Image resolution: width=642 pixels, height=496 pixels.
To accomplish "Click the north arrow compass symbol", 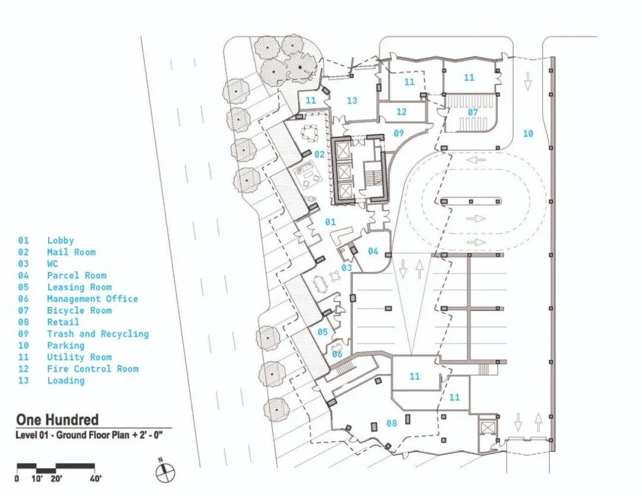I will point(165,472).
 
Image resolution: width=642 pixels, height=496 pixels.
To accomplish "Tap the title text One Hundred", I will point(57,420).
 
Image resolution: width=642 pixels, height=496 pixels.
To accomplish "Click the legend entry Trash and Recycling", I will point(97,334).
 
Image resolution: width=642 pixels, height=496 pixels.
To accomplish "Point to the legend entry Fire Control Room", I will point(93,369).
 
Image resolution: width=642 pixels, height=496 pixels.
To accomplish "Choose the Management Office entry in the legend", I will point(92,299).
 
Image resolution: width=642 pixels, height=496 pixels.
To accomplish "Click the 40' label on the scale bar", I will point(95,479).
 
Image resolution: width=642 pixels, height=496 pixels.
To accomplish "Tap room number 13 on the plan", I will point(352,101).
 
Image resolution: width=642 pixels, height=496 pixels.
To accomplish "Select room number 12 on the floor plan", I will point(401,111).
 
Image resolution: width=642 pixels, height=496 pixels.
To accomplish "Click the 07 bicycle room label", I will point(473,112).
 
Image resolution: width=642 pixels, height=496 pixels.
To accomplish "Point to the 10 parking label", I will point(528,134).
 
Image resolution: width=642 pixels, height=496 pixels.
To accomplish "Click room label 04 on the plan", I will point(373,251).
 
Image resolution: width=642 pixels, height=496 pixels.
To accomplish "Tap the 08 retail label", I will point(391,423).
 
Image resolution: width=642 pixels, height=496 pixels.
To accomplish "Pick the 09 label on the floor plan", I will point(398,133).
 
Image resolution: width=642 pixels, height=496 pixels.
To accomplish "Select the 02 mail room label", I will point(319,155).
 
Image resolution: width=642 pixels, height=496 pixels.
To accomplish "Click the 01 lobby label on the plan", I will point(331,222).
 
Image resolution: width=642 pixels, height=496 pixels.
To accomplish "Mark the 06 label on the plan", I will point(337,354).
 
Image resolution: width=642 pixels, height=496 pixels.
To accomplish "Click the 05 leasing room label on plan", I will point(322,332).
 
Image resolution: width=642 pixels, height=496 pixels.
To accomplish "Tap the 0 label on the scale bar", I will point(17,479).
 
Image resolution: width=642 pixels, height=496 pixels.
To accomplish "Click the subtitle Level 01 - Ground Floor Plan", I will point(93,435).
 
